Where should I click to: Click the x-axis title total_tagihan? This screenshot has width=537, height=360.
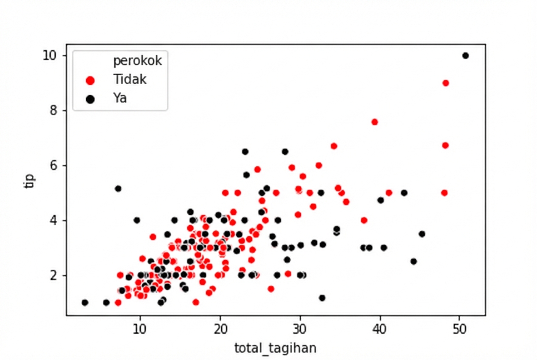[x=275, y=348]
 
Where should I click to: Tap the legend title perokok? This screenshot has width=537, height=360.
[x=137, y=61]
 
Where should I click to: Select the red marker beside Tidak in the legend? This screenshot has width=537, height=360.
[x=90, y=80]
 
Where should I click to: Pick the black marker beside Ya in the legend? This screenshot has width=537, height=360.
[x=90, y=99]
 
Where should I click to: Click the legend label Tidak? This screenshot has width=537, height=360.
[x=130, y=80]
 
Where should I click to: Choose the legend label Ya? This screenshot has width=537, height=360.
[x=120, y=98]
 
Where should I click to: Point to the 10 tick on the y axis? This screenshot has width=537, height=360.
[x=50, y=56]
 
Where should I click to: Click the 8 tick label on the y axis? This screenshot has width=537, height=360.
[x=53, y=110]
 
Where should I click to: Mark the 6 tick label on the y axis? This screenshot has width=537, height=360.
[x=53, y=166]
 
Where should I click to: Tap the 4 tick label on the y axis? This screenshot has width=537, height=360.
[x=53, y=220]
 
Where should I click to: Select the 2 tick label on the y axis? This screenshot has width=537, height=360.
[x=53, y=276]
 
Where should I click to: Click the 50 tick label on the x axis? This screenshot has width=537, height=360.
[x=459, y=329]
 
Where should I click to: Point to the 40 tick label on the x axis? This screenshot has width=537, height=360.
[x=379, y=329]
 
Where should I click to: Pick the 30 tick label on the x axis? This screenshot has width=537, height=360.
[x=300, y=329]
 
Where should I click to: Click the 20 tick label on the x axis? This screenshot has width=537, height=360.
[x=220, y=329]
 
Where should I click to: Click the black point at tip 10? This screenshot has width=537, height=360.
[x=465, y=56]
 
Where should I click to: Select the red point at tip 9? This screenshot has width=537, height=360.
[x=446, y=83]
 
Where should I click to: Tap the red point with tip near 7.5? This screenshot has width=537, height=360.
[x=375, y=122]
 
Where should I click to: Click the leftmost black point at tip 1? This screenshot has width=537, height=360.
[x=85, y=303]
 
